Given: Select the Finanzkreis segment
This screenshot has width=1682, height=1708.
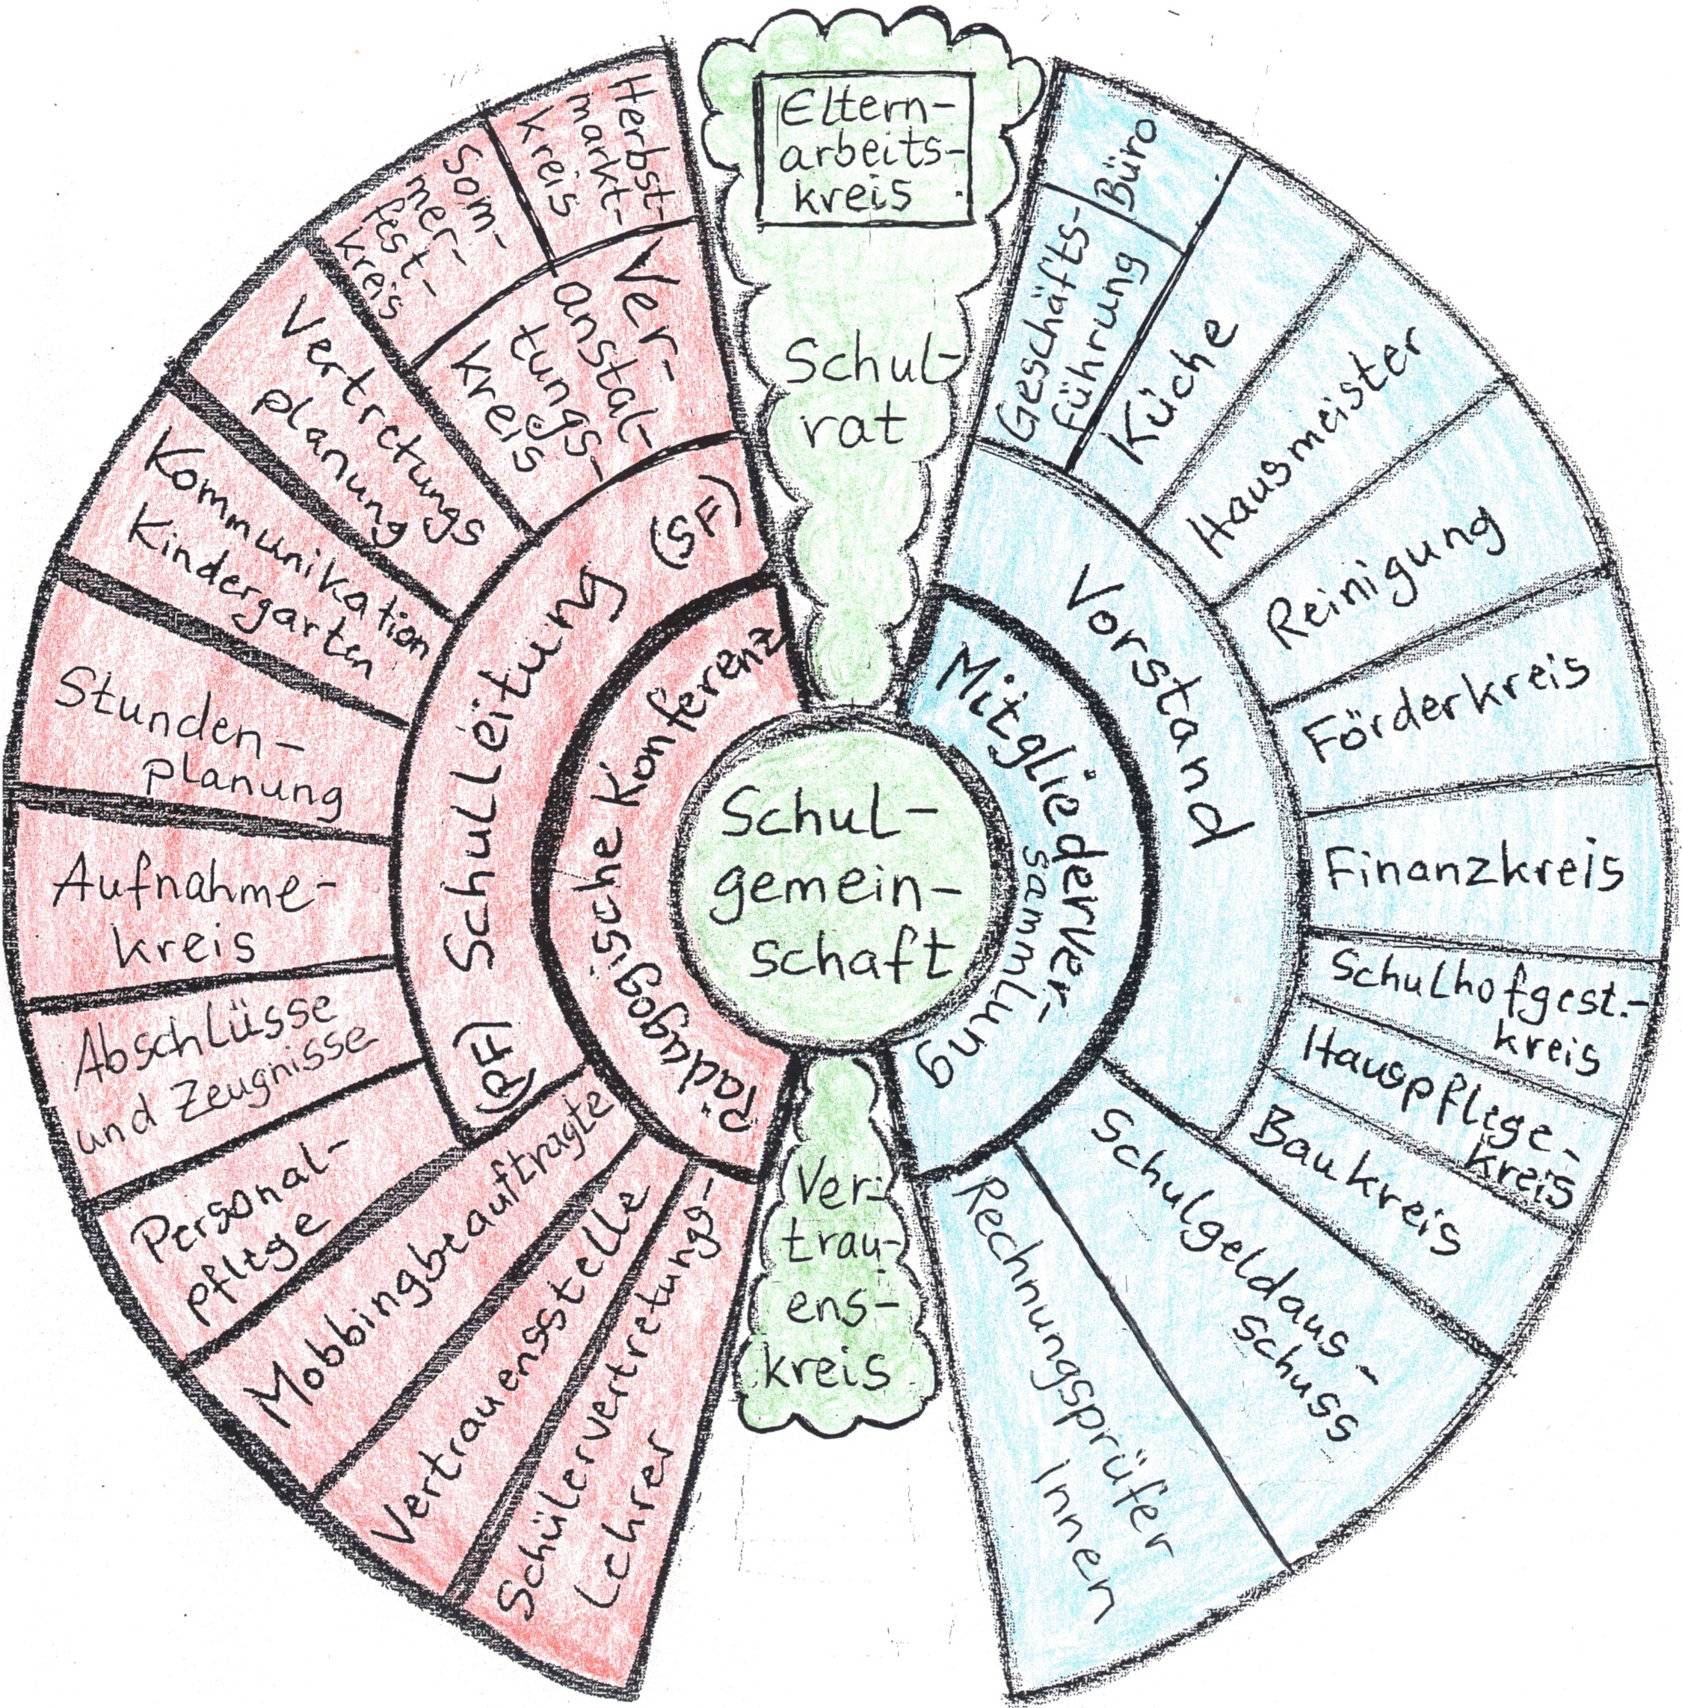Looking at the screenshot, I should (1475, 870).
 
